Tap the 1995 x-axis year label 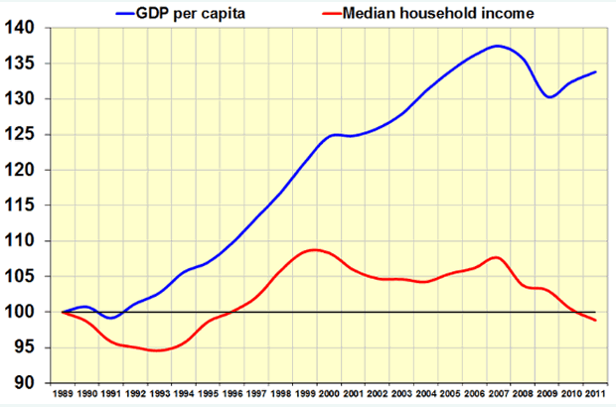tap(209, 395)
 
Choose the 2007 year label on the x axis tap(500, 395)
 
